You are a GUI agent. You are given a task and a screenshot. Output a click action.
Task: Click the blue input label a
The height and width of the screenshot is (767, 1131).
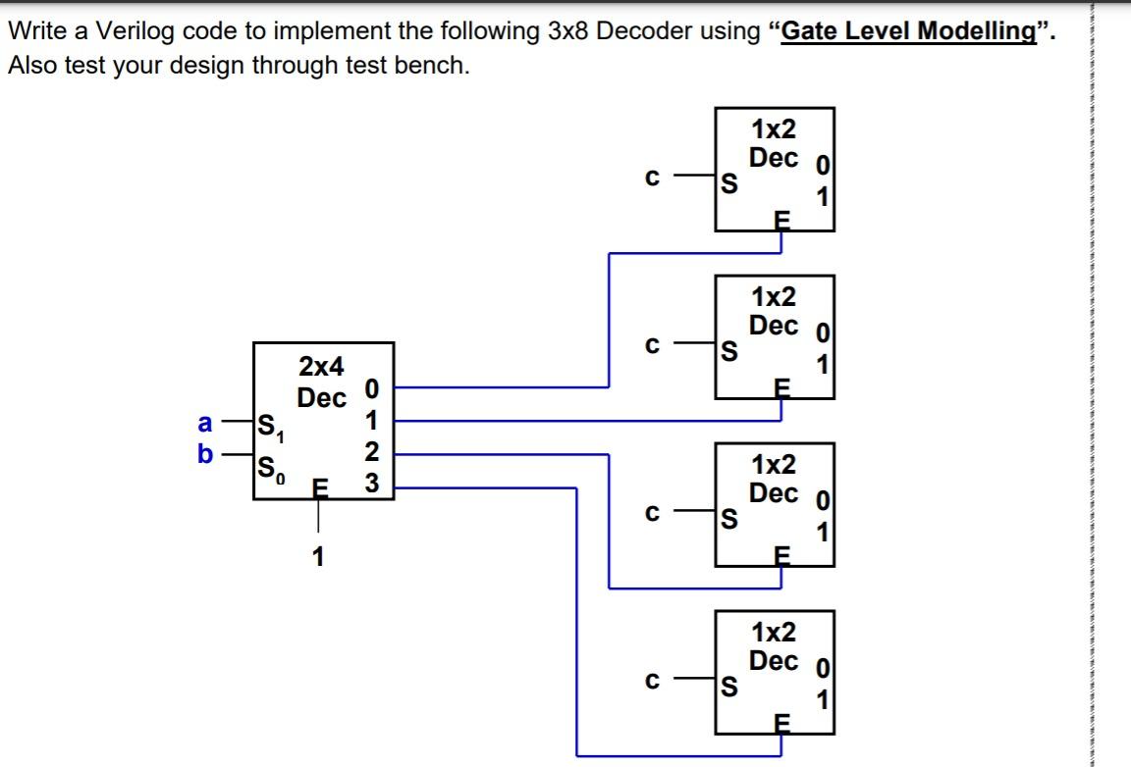pos(205,424)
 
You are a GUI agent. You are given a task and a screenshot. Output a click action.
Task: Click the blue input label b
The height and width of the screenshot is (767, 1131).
pos(205,455)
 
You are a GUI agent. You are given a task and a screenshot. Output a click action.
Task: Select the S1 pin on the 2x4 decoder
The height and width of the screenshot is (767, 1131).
pos(267,427)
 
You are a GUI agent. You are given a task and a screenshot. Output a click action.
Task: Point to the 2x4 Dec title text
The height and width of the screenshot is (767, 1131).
pos(322,383)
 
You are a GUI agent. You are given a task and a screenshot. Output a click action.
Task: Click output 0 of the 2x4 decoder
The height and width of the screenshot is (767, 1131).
pos(371,387)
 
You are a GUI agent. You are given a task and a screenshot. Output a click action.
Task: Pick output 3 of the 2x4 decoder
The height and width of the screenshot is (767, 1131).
pos(371,484)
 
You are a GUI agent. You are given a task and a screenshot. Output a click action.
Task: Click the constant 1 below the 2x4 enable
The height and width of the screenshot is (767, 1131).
pos(317,557)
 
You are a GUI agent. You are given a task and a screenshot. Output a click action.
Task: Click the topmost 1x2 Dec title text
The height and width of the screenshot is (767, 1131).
pos(774,143)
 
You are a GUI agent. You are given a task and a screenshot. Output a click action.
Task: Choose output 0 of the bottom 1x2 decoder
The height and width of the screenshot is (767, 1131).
pos(825,671)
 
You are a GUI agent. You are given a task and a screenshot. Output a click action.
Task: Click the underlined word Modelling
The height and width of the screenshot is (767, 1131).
pos(977,30)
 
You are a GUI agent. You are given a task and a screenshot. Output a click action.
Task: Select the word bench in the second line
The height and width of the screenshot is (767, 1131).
pos(438,69)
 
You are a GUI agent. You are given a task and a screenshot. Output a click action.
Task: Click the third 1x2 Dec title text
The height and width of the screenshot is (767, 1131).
pos(774,479)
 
